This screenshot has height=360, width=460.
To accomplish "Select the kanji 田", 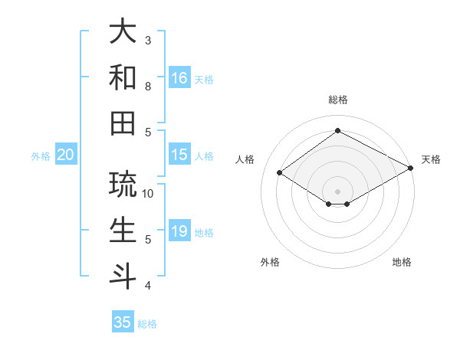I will (123, 123).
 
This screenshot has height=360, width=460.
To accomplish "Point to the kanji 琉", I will (123, 184).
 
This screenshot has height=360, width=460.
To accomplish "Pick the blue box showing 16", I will (179, 78).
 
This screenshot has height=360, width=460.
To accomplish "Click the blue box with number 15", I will (179, 155).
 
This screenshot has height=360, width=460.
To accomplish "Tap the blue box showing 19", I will (179, 231).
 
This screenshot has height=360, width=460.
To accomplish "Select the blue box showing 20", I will (65, 155).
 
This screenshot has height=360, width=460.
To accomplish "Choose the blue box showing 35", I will (123, 322).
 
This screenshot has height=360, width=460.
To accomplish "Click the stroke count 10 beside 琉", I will (149, 194).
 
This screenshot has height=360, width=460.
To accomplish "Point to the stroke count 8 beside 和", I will (149, 86).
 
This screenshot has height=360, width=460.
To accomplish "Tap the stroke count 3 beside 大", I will (149, 40).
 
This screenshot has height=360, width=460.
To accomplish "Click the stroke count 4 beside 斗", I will (149, 286).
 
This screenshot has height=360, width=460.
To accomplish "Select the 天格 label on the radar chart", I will (431, 159).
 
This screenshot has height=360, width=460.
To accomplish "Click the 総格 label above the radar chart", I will (337, 100).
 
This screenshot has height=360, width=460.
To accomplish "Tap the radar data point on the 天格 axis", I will (411, 169).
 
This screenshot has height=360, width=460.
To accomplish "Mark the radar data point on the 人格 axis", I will (280, 173).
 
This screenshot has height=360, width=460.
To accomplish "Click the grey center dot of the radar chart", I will (337, 191).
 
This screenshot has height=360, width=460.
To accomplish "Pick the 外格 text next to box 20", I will (41, 156).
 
